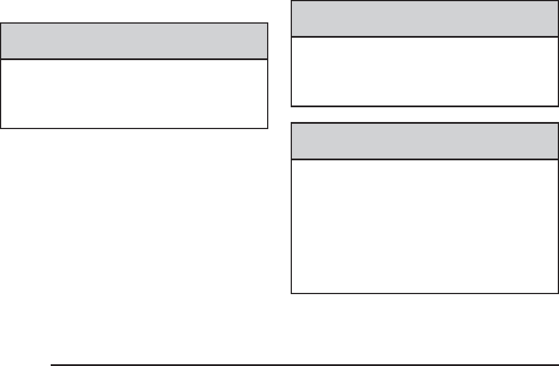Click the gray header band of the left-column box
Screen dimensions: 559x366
134,41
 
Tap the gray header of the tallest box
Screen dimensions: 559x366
425,141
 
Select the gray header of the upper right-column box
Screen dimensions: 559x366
425,19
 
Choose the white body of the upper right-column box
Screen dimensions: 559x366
425,71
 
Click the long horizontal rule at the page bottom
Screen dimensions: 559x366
304,365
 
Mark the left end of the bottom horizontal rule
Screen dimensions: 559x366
52,365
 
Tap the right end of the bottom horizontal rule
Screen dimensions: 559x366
557,365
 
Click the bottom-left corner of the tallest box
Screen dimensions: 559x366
292,293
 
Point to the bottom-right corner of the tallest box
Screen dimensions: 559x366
558,293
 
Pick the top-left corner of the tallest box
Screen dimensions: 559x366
292,123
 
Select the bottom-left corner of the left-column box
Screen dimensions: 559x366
1,128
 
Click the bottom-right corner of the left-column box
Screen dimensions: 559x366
268,128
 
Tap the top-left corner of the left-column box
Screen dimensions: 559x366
1,24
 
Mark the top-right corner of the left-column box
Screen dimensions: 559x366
268,24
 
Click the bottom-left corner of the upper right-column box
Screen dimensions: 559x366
292,106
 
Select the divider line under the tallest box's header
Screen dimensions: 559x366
425,160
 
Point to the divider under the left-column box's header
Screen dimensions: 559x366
134,59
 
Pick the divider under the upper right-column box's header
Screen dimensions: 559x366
425,37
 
